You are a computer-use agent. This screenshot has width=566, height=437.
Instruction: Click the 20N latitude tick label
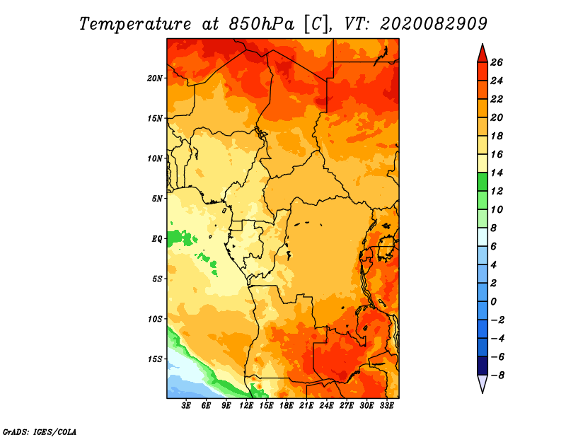[x=154, y=78]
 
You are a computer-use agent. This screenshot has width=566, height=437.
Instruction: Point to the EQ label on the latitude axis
[x=156, y=239]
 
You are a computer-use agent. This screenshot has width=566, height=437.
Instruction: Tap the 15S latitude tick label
[x=155, y=359]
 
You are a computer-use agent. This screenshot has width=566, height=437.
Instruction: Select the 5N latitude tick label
[x=156, y=199]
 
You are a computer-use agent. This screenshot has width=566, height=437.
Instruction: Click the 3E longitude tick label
[x=186, y=405]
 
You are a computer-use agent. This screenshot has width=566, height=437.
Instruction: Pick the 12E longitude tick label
[x=246, y=405]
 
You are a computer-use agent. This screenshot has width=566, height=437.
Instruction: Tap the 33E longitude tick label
[x=386, y=405]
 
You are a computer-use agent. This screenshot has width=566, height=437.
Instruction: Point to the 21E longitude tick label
[x=306, y=405]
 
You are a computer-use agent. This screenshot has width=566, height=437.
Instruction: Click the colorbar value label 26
[x=497, y=62]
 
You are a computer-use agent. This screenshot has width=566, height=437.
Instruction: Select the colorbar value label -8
[x=497, y=375]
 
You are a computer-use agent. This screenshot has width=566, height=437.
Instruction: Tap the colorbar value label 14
[x=497, y=173]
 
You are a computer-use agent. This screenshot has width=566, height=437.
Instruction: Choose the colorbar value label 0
[x=493, y=302]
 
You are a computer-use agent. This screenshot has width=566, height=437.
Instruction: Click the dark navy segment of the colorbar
[x=483, y=366]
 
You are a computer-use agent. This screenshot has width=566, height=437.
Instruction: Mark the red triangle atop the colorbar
[x=483, y=54]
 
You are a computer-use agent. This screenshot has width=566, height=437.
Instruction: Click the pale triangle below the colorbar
[x=483, y=383]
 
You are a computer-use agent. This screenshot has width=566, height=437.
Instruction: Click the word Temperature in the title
[x=135, y=24]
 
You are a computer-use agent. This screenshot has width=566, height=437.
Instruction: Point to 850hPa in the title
[x=261, y=24]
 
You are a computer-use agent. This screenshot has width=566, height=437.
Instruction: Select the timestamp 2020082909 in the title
[x=434, y=24]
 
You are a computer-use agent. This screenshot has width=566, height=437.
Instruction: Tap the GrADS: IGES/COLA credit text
[x=40, y=432]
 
